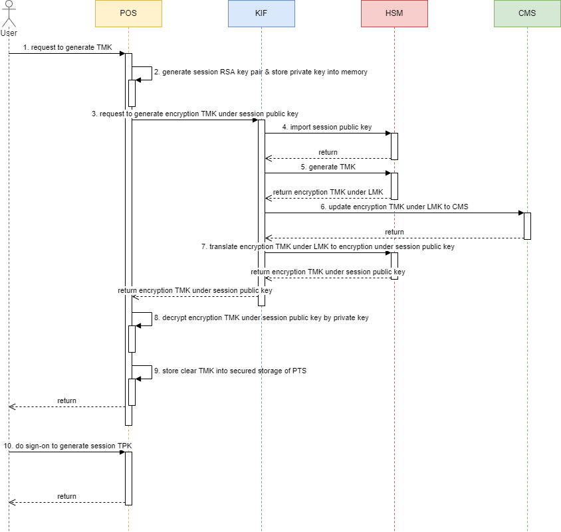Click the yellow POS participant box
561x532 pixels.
coord(128,13)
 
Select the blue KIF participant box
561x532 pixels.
coord(261,13)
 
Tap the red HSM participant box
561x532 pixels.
coord(394,13)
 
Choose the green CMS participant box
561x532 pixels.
coord(527,13)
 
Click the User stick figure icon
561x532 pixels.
coord(9,17)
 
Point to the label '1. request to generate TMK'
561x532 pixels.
coord(68,48)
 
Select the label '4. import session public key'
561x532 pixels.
coord(327,127)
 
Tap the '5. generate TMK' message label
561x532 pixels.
coord(328,167)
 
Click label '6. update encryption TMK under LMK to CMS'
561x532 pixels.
coord(394,207)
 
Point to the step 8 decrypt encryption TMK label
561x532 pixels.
coord(261,318)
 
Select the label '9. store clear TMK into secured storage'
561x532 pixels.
coord(230,371)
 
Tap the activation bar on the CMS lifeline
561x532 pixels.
coord(527,226)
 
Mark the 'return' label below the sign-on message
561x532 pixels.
coord(66,496)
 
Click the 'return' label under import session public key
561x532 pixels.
coord(328,152)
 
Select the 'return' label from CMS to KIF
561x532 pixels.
coord(394,232)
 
